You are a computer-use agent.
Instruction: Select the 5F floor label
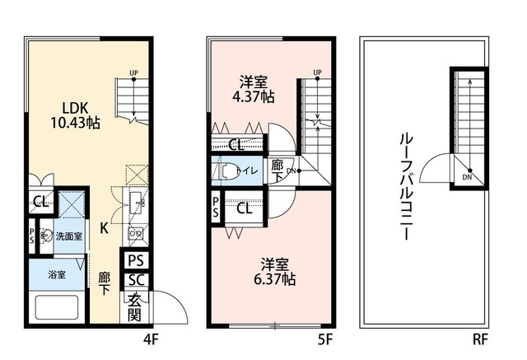coord(325,337)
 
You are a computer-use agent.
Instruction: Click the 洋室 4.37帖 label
coord(256,89)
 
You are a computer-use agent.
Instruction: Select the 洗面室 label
coord(68,236)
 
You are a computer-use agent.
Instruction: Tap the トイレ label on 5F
coord(248,171)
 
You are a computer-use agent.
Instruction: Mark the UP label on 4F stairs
coord(133,73)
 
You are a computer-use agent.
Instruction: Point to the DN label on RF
coord(467,176)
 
